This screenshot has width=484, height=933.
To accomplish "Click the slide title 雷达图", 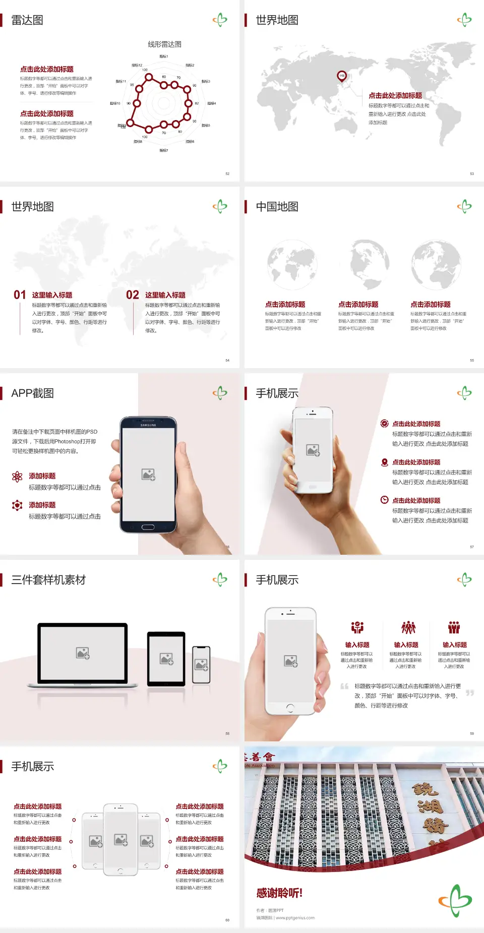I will click(27, 20).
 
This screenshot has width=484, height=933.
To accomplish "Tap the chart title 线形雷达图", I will click(164, 44).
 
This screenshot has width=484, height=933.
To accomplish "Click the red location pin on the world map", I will click(341, 76).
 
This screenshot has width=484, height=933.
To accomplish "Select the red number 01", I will click(20, 295).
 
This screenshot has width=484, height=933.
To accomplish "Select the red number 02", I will click(133, 295).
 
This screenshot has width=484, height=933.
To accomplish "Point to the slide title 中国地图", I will click(277, 207).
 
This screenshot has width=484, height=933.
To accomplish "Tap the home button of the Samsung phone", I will click(148, 527).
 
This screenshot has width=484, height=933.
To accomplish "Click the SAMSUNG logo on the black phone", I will click(148, 425).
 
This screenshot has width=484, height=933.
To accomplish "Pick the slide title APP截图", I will click(33, 393).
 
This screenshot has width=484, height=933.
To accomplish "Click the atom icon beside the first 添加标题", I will click(17, 477).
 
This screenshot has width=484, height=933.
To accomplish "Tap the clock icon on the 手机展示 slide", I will click(384, 500).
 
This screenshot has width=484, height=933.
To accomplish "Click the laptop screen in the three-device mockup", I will click(83, 653).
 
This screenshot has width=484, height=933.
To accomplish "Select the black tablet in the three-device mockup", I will click(166, 659).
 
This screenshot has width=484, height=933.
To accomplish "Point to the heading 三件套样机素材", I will click(48, 580).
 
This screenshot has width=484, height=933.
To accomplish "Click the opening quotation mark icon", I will click(344, 686).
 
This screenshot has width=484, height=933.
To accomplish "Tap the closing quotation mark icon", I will click(470, 693).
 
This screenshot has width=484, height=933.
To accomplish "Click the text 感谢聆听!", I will click(279, 893).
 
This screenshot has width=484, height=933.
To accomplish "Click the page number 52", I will click(227, 173).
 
